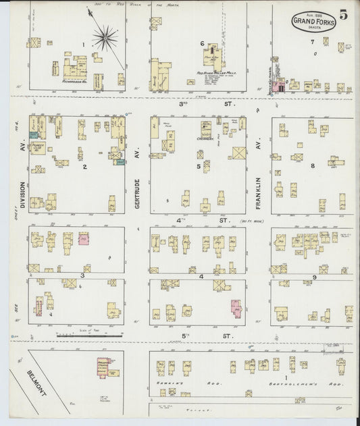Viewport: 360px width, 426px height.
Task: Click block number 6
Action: click(x=202, y=44)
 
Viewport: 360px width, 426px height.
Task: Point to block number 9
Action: click(x=315, y=277)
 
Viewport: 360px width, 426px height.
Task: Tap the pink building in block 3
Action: click(x=84, y=238)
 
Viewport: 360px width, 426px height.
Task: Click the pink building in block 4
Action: click(x=236, y=308)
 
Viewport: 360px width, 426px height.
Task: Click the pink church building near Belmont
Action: click(x=103, y=367)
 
